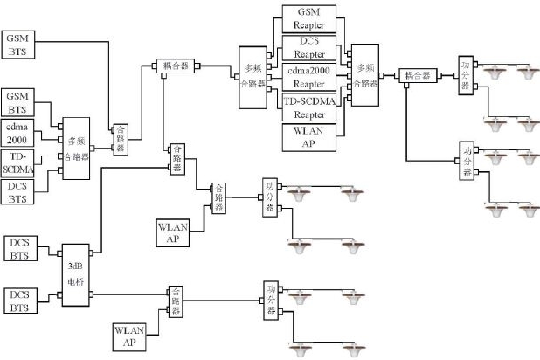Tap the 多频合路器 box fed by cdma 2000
pyautogui.click(x=76, y=148)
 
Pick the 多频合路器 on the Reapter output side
pyautogui.click(x=363, y=77)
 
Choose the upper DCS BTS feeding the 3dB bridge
pyautogui.click(x=18, y=247)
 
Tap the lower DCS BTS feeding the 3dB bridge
pyautogui.click(x=18, y=301)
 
